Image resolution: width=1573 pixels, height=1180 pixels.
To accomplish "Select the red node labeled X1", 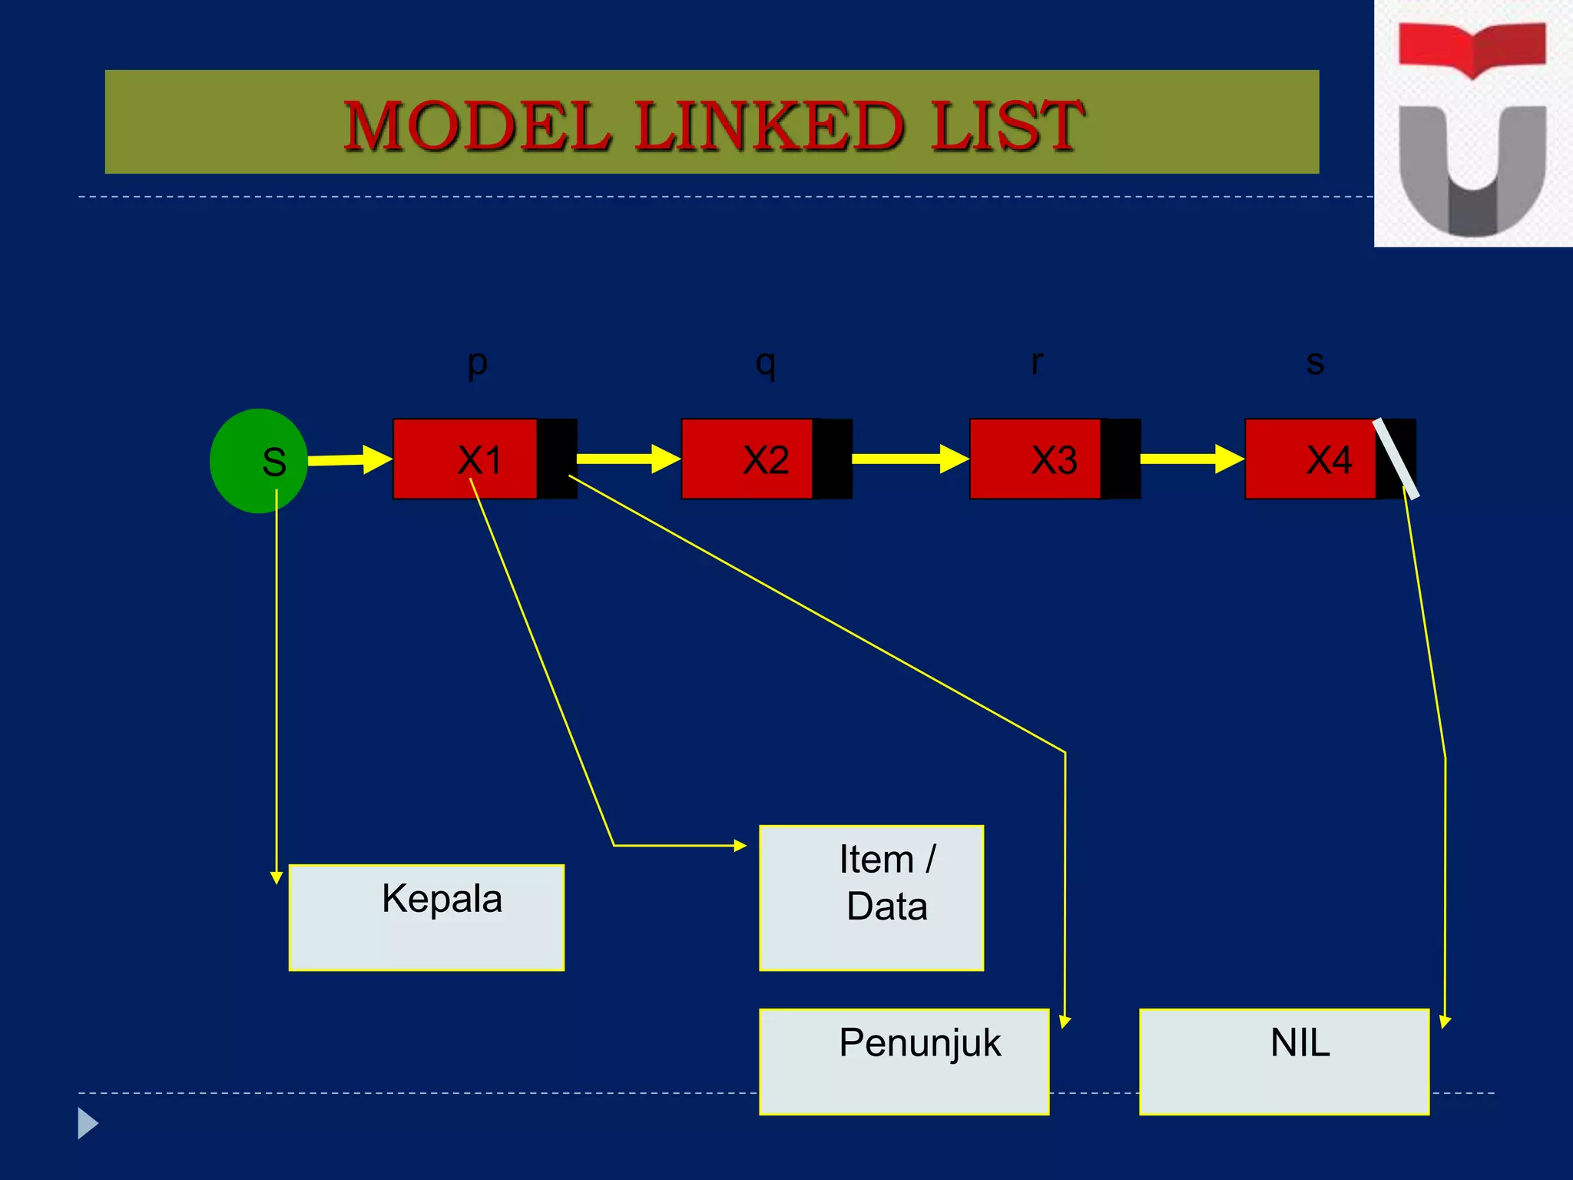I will pos(465,459).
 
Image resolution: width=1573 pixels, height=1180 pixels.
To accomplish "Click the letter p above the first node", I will pos(477,363).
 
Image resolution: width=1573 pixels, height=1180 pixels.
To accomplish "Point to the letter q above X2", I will pos(765,363).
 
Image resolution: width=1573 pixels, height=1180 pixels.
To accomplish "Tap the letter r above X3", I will pos(1037,361).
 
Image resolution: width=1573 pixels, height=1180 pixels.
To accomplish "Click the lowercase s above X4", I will pos(1315,363).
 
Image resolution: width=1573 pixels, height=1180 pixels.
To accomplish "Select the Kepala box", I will pos(426,917).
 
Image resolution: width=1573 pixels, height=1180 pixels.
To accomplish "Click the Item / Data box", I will pos(871,897).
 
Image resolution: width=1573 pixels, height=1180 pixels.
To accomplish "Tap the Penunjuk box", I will pos(904,1061).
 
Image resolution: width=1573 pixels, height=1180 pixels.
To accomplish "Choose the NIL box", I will pos(1283,1061).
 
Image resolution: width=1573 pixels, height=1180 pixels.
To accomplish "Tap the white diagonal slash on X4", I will pos(1396,458).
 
